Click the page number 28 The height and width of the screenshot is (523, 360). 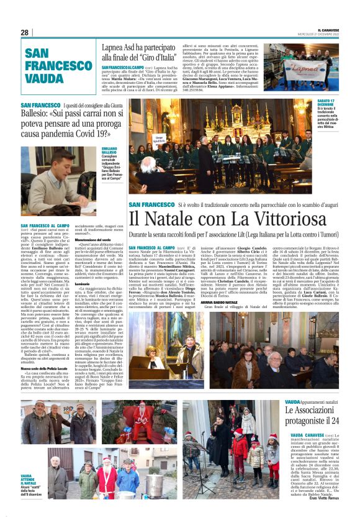(x=24, y=32)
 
